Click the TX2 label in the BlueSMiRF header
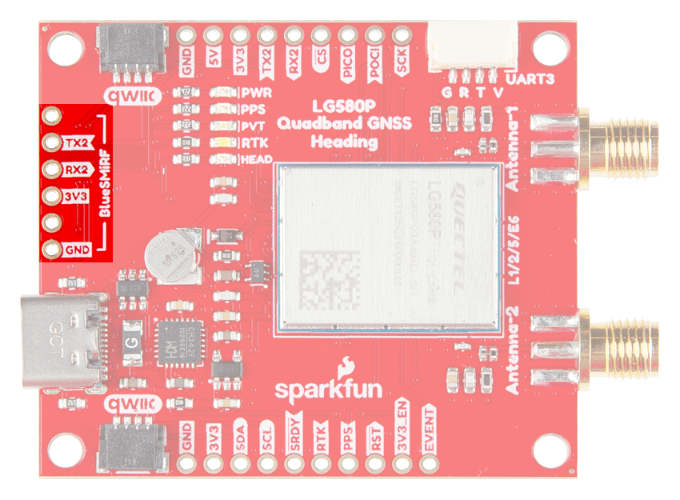pyautogui.click(x=78, y=143)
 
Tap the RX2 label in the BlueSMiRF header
pyautogui.click(x=78, y=170)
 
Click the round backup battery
pyautogui.click(x=174, y=255)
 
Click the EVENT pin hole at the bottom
pyautogui.click(x=429, y=463)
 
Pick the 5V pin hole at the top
pyautogui.click(x=214, y=36)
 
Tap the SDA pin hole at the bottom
pyautogui.click(x=241, y=463)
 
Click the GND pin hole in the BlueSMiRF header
pyautogui.click(x=53, y=250)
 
